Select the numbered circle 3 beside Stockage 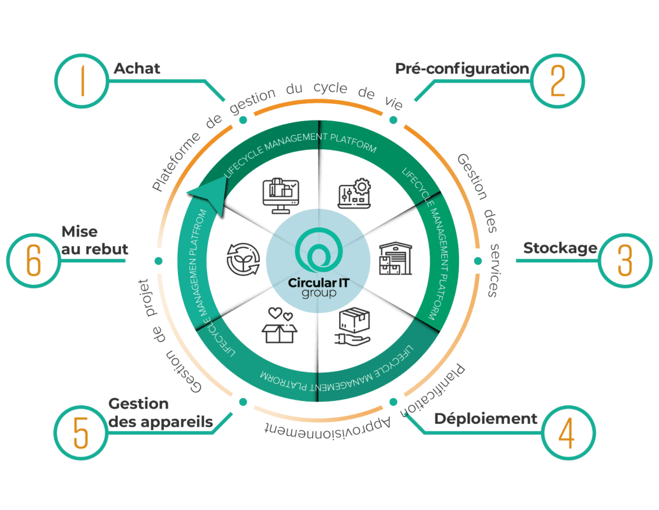click(625, 258)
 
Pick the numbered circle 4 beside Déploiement click(567, 434)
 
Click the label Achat click(137, 68)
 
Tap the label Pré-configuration click(462, 68)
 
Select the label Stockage click(560, 248)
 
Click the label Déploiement click(486, 419)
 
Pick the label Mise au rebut click(94, 240)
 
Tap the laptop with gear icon click(353, 193)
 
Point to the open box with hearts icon click(280, 326)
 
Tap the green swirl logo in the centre click(317, 252)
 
